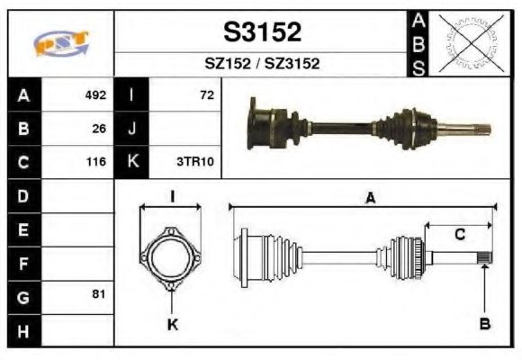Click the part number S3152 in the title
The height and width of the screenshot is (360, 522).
point(262,32)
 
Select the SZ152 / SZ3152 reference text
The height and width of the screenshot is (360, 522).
point(262,65)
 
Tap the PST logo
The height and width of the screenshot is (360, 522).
point(61,43)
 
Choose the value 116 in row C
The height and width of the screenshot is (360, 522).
point(95,163)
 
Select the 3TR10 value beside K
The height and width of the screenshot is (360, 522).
point(195,163)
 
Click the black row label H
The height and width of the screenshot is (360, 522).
point(23,330)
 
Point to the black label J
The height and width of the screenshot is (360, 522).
point(131,129)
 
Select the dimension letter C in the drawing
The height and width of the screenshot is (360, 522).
point(459,235)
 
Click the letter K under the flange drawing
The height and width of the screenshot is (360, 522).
point(172,325)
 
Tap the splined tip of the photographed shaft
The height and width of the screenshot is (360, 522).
point(482,128)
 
